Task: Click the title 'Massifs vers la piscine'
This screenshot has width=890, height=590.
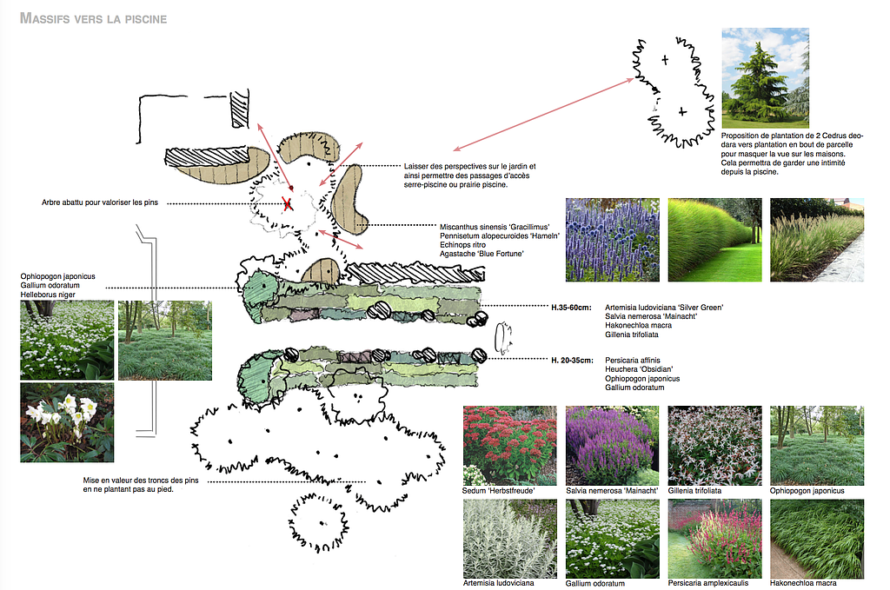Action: [93, 18]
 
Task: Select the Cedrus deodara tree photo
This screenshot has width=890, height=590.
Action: [765, 77]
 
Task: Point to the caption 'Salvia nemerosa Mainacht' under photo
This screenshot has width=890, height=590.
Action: [608, 491]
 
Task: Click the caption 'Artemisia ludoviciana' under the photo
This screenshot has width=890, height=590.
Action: [498, 583]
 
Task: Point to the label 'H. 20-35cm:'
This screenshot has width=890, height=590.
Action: [572, 361]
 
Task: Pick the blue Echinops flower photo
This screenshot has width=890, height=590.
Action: [612, 240]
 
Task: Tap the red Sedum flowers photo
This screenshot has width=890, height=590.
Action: [509, 445]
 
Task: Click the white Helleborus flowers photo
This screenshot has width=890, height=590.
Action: [67, 422]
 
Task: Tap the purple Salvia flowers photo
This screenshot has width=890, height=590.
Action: [612, 445]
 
